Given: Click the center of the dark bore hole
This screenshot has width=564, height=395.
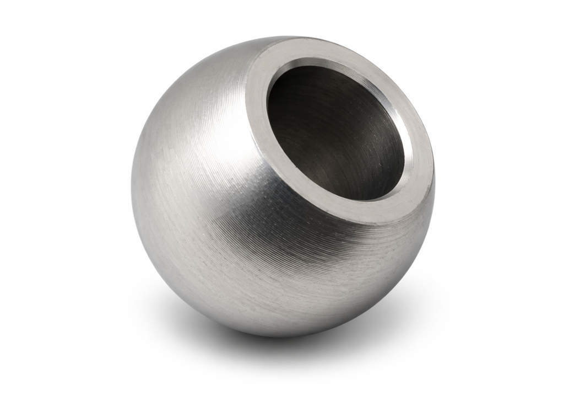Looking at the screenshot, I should (336, 132).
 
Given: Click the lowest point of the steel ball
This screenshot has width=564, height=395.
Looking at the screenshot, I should (275, 337).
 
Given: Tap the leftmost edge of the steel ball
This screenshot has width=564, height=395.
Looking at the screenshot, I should (132, 182).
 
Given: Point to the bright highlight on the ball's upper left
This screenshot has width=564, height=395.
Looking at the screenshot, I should (182, 121).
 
